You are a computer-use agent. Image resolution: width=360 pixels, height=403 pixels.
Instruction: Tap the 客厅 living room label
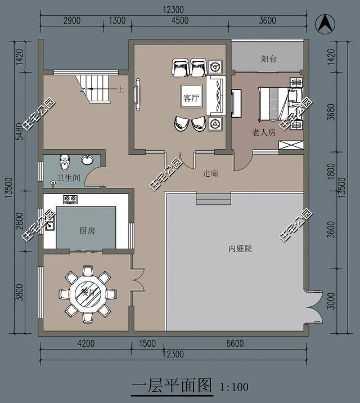pyautogui.click(x=191, y=98)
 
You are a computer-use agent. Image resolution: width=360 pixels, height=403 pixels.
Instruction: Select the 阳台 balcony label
pyautogui.click(x=269, y=58)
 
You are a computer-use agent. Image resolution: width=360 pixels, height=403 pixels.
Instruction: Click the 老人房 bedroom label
pyautogui.click(x=263, y=133)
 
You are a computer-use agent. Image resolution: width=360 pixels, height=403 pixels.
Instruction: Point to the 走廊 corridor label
pyautogui.click(x=210, y=173)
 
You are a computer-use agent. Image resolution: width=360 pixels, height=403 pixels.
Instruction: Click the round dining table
pyautogui.click(x=88, y=293)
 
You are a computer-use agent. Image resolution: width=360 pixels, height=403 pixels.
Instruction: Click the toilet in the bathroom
pyautogui.click(x=65, y=163)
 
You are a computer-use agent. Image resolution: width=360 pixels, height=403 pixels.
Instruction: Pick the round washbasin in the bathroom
pyautogui.click(x=88, y=160)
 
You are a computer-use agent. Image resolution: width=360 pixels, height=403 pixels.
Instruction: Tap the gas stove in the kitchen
pyautogui.click(x=70, y=199)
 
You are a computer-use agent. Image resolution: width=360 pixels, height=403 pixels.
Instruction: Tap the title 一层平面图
pyautogui.click(x=172, y=386)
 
